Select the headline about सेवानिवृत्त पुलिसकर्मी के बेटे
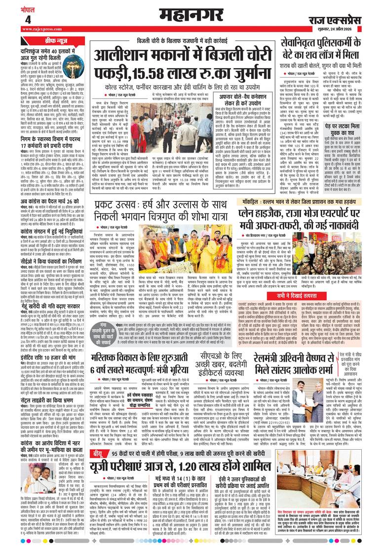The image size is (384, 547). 330,49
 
